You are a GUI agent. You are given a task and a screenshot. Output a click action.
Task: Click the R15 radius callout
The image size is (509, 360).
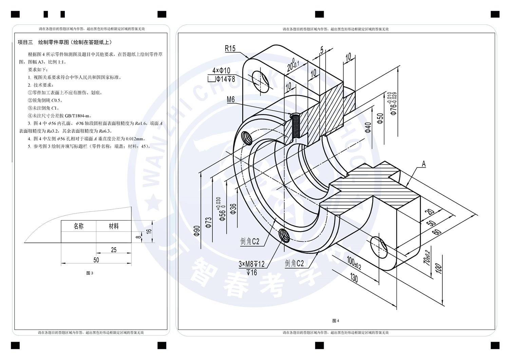click(x=230, y=49)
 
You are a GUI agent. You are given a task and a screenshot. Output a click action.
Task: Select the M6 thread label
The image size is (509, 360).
click(x=231, y=100)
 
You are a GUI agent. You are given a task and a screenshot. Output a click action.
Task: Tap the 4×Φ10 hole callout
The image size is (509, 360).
click(x=221, y=71)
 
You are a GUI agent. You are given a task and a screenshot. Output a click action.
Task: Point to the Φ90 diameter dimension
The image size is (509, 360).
click(x=197, y=231)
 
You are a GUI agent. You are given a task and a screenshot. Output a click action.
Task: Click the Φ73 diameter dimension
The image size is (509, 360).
click(x=208, y=222)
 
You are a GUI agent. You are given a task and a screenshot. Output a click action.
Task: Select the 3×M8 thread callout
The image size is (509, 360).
click(x=251, y=264)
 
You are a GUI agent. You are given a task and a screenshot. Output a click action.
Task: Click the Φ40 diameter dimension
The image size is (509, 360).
click(x=368, y=127)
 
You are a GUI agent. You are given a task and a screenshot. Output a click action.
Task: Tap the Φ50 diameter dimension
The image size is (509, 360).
click(x=380, y=118)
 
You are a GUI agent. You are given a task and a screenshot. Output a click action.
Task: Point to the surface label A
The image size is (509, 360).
click(x=423, y=164)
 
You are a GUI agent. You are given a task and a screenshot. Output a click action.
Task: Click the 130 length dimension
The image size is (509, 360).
click(x=354, y=278)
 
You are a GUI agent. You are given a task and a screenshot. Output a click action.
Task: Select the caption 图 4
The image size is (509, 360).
click(x=336, y=321)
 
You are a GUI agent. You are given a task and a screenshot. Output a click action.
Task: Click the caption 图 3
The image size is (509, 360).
click(x=90, y=273)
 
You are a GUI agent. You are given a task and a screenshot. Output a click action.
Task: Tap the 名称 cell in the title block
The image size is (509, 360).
click(x=79, y=226)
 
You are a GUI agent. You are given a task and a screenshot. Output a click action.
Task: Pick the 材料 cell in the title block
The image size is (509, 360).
click(x=114, y=226)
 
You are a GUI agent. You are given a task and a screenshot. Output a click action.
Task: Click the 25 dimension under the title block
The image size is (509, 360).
click(x=114, y=250)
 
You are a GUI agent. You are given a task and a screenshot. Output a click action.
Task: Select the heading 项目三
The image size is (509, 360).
click(x=25, y=42)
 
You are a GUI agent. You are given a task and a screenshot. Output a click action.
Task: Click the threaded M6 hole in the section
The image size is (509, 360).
click(x=296, y=126)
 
